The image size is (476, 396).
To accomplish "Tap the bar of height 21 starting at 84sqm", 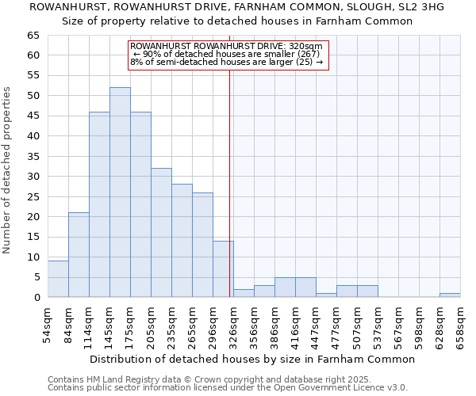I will tap(79, 255).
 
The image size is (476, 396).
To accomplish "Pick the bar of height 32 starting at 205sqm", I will tap(161, 233).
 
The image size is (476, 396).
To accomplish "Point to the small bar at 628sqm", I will tap(450, 295).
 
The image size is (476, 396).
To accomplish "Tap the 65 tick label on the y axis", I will tap(33, 36).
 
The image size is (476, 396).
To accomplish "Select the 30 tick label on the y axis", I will tap(33, 177).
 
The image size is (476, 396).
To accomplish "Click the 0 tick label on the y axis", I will tap(36, 298).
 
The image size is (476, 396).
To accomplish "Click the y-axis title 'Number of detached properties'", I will tap(7, 170).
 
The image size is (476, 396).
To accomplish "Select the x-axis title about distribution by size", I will tap(252, 359).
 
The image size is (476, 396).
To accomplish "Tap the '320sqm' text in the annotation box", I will tap(305, 47).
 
